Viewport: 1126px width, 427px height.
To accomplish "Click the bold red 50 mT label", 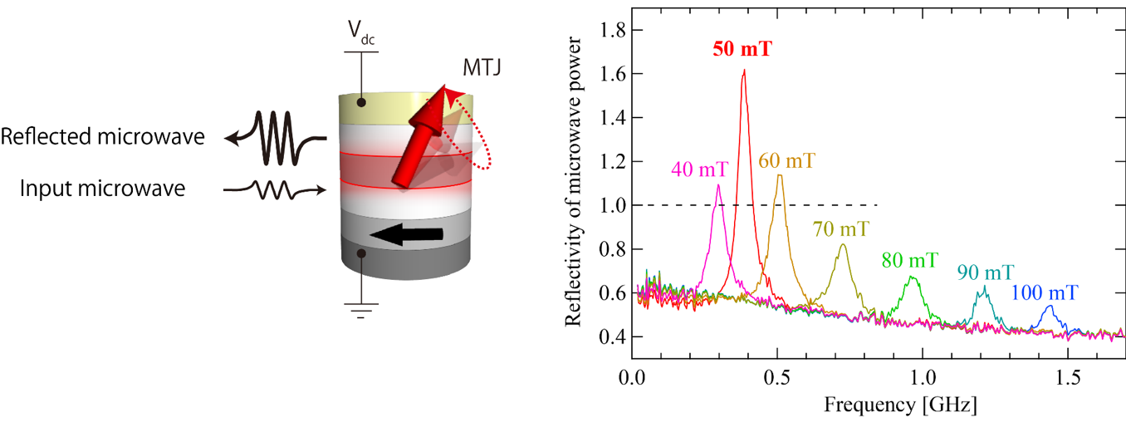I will tap(742, 48).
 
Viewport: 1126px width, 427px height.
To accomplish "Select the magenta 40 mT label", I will tap(699, 171).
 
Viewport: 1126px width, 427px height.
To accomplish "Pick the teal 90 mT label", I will tap(983, 272).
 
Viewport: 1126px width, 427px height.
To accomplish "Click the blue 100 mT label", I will tap(1045, 292).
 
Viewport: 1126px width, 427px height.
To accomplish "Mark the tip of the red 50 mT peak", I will tap(744, 71).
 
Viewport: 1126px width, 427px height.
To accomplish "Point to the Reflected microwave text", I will tap(103, 137).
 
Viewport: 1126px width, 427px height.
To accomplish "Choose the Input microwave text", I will tap(103, 189).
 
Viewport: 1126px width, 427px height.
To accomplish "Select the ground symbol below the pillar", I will tap(360, 312).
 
